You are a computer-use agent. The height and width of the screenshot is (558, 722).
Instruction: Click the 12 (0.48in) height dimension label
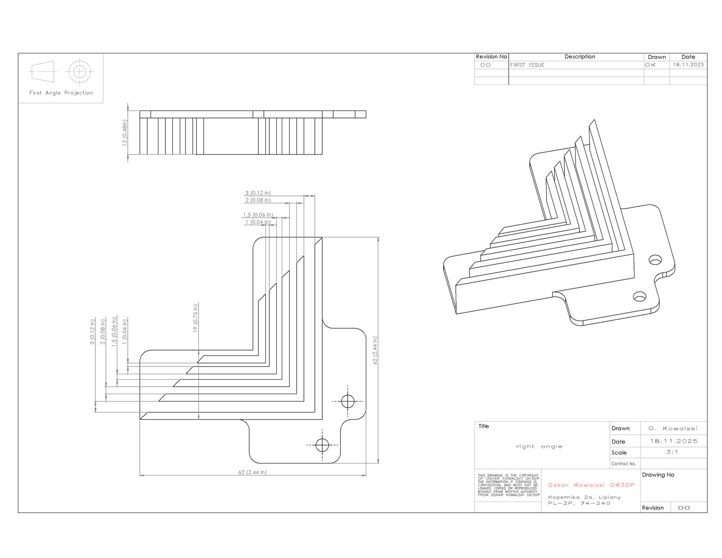pos(124,132)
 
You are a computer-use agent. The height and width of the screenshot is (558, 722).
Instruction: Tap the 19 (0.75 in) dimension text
pos(195,317)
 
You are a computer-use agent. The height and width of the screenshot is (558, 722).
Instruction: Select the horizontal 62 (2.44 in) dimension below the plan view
pos(252,472)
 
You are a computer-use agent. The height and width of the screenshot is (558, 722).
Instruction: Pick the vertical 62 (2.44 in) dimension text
pos(375,350)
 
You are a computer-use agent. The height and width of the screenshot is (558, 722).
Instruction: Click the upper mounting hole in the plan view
pos(348,401)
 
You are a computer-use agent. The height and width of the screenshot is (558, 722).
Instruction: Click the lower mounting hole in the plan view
pos(322,445)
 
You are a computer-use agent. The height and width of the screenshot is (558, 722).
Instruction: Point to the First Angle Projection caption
pos(61,93)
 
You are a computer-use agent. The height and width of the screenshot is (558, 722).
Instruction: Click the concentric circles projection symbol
pos(80,71)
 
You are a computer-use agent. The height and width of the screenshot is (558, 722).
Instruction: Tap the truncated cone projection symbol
pos(43,71)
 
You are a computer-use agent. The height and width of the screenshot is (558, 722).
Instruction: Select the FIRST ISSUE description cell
pos(527,65)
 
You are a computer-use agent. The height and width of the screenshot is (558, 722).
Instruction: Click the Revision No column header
pos(492,57)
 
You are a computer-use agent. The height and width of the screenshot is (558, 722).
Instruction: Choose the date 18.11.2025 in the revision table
pos(689,65)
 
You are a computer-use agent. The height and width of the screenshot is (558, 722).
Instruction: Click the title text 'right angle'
pos(539,447)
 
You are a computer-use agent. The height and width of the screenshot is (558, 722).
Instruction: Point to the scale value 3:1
pos(672,452)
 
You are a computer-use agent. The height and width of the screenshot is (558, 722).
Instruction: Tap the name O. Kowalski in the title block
pos(673,429)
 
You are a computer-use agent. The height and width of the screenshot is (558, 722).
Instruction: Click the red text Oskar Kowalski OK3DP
pos(592,485)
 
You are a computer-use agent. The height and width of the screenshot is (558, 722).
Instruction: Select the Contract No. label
pos(624,464)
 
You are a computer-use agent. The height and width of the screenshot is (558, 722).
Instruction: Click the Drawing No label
pos(658,475)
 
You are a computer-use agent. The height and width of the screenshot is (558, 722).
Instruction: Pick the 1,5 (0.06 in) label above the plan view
pos(258,215)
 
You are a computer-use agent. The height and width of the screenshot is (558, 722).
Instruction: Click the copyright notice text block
pos(508,485)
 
